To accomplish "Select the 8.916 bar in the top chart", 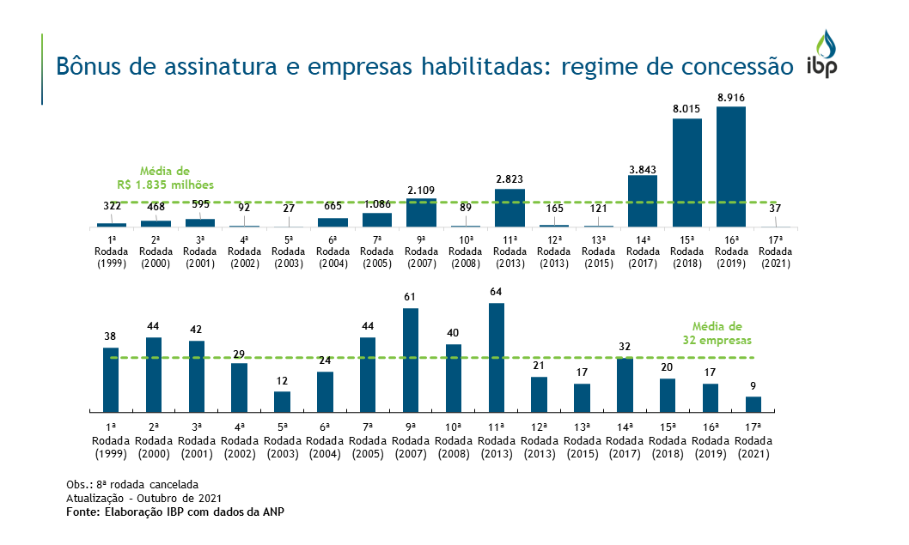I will [x=730, y=167].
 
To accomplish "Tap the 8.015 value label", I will [x=686, y=109].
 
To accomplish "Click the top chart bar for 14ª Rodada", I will [x=642, y=201].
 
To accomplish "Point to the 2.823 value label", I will [x=509, y=179].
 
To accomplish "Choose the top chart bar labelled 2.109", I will [x=421, y=213].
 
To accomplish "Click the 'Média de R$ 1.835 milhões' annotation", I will [x=165, y=178].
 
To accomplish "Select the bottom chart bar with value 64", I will [x=496, y=358].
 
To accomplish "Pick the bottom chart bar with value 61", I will [x=411, y=360].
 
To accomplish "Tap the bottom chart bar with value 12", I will [x=282, y=402].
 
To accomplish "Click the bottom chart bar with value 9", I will [x=753, y=404].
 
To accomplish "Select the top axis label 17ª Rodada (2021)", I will [x=775, y=251].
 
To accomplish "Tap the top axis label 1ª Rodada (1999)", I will [x=112, y=251].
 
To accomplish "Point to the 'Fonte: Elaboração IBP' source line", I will [x=175, y=512].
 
